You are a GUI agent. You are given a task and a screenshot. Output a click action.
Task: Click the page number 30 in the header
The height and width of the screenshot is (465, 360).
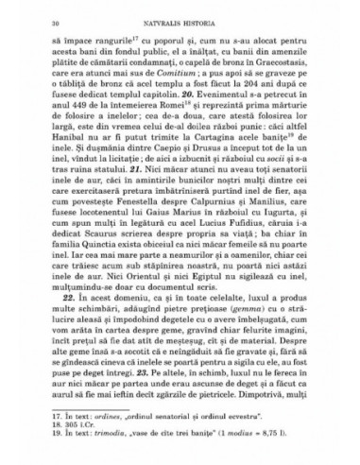pyautogui.click(x=31, y=19)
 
